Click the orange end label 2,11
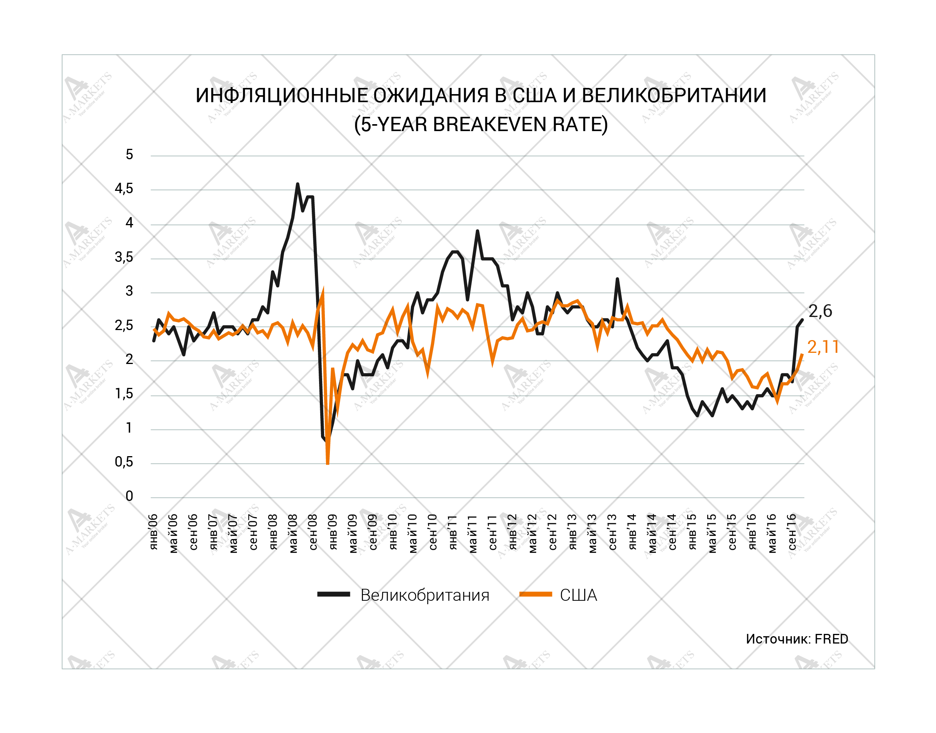pyautogui.click(x=823, y=347)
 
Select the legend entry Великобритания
pyautogui.click(x=424, y=595)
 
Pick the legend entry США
pyautogui.click(x=578, y=595)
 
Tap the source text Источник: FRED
pyautogui.click(x=796, y=639)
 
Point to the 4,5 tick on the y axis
pyautogui.click(x=123, y=189)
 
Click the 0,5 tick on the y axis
pyautogui.click(x=123, y=462)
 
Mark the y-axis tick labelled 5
pyautogui.click(x=129, y=155)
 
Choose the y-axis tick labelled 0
pyautogui.click(x=129, y=496)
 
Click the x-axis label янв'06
pyautogui.click(x=153, y=532)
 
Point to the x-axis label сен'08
pyautogui.click(x=313, y=532)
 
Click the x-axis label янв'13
pyautogui.click(x=572, y=532)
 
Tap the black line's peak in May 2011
pyautogui.click(x=477, y=231)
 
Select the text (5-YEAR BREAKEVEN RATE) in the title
pyautogui.click(x=480, y=125)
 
